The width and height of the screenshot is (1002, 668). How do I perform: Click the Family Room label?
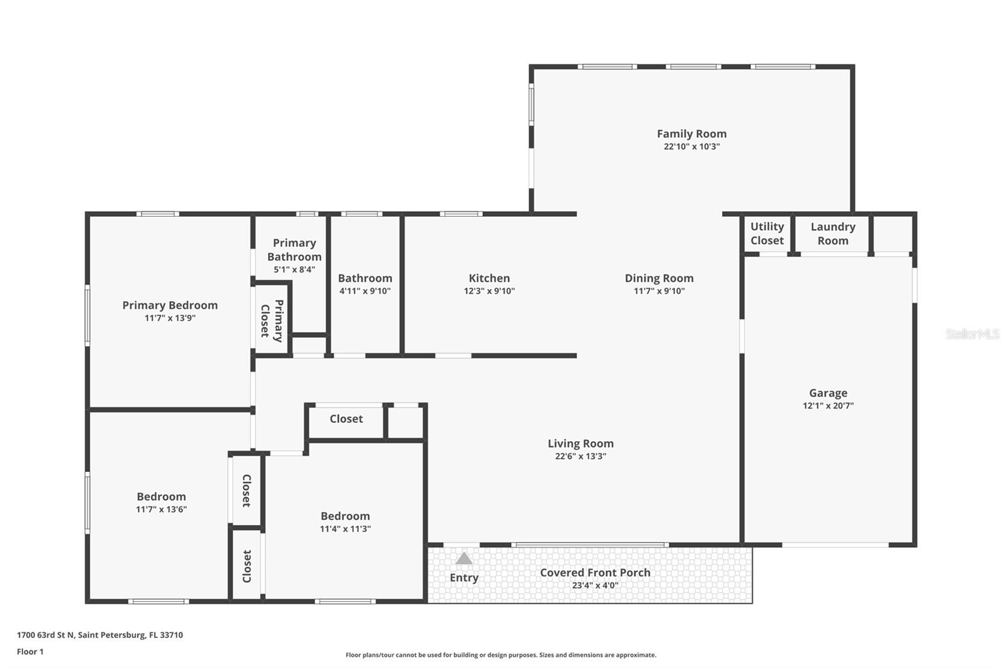pos(691,133)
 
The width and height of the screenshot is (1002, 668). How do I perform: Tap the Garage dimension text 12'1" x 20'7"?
pos(828,405)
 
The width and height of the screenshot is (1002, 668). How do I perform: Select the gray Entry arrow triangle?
pos(463,558)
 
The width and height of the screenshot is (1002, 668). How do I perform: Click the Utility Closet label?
pos(767,233)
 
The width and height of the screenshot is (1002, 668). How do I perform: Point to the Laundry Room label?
pos(832,233)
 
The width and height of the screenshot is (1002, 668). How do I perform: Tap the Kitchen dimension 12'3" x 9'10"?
pos(489,291)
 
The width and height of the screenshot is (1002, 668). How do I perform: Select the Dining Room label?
pos(659,278)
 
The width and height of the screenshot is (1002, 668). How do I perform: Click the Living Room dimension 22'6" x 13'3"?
pos(581,456)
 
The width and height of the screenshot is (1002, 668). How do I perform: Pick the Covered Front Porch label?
pos(595,572)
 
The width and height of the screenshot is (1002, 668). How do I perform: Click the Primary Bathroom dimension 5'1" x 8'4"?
pos(294,269)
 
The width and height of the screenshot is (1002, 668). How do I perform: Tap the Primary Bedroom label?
pos(170,305)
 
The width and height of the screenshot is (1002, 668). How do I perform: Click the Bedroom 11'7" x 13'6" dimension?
pos(161,509)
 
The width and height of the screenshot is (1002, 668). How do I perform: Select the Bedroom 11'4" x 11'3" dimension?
pos(345,529)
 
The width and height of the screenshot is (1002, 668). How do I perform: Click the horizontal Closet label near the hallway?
pos(346,419)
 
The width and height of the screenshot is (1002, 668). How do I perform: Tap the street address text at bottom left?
pos(100,635)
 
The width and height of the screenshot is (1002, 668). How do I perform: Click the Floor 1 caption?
pos(30,652)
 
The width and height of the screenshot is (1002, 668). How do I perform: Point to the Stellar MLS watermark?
pos(972,334)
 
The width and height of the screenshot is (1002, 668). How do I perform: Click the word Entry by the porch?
pos(463,578)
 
